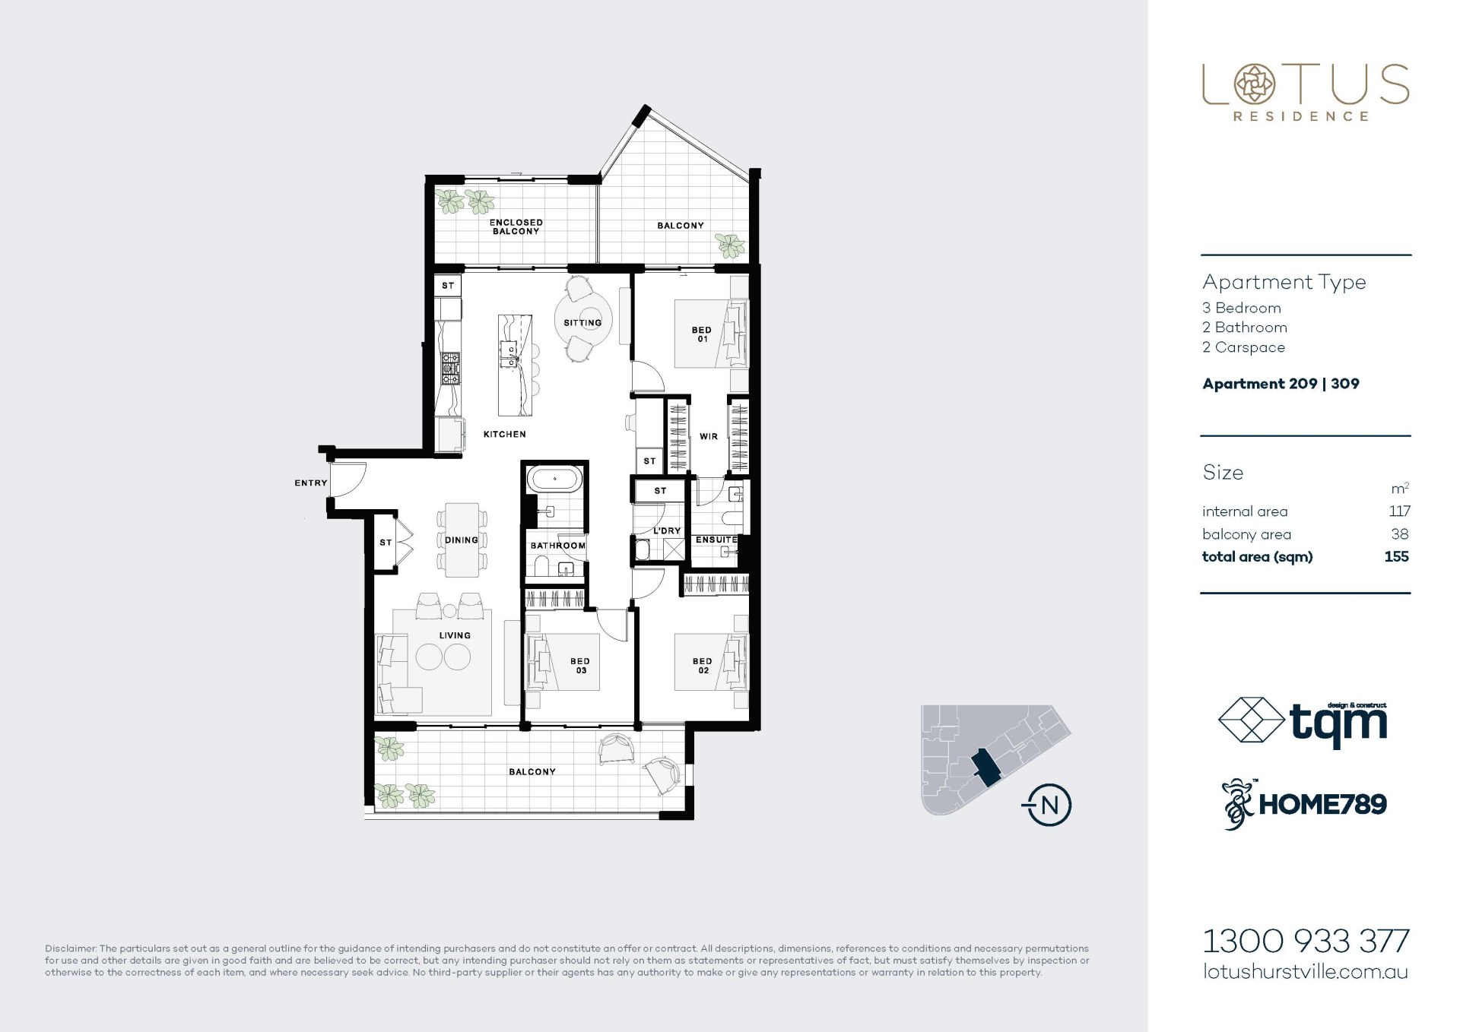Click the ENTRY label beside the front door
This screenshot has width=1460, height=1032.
[x=311, y=483]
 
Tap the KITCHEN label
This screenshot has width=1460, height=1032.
[x=505, y=434]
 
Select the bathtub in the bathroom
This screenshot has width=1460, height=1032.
[x=555, y=479]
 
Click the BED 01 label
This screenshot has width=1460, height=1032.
[x=702, y=334]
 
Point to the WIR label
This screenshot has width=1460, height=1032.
[x=709, y=437]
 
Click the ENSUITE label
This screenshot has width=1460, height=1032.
[x=716, y=540]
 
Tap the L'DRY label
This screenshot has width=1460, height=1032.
[x=667, y=530]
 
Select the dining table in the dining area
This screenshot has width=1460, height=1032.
[x=462, y=540]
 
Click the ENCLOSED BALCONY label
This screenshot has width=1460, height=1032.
[x=516, y=226]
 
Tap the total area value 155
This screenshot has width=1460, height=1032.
[x=1396, y=556]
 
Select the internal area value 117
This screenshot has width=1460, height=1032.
[x=1399, y=511]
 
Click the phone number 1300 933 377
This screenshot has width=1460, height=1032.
[x=1306, y=942]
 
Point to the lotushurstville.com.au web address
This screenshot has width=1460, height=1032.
[x=1306, y=972]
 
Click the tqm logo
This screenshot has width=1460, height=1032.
[x=1303, y=722]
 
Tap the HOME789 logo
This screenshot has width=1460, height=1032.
[x=1304, y=804]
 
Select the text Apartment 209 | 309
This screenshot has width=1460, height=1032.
[x=1281, y=384]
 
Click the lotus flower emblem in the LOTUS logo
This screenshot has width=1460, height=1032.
[x=1255, y=84]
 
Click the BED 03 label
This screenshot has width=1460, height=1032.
[x=580, y=666]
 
